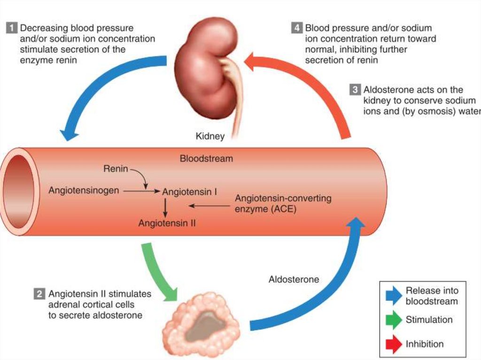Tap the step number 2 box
(x=39, y=295)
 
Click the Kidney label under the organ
(x=210, y=137)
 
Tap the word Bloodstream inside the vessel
(x=206, y=159)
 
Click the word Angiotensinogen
(x=84, y=191)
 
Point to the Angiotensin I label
(x=189, y=192)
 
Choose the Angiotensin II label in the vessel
(x=167, y=223)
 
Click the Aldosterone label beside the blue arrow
(x=294, y=280)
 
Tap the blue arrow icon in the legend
(x=393, y=296)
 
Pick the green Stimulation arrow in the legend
(x=393, y=321)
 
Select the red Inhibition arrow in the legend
(x=393, y=345)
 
